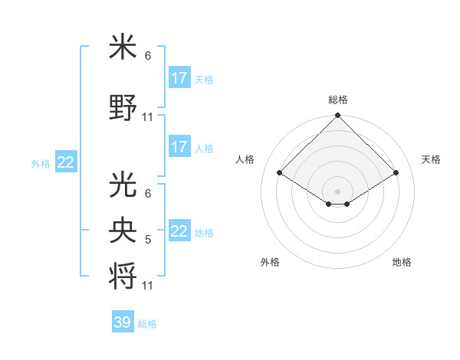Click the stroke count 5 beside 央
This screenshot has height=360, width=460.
(148, 240)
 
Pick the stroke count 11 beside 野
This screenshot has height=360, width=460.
(148, 117)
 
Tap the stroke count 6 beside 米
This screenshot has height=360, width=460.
(148, 56)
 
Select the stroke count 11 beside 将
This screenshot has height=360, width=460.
(148, 286)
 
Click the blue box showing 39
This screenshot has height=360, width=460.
(122, 322)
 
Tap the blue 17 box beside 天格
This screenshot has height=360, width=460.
(179, 78)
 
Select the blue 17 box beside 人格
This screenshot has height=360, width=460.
(179, 147)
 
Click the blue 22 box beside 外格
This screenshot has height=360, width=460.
(66, 162)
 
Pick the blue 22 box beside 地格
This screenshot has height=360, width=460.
(179, 231)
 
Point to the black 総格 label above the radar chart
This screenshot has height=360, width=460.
(337, 100)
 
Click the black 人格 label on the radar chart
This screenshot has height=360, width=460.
(245, 159)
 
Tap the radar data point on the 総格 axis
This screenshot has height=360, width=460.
(337, 116)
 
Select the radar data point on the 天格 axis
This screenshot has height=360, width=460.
(396, 173)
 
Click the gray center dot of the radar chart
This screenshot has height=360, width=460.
(337, 190)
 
